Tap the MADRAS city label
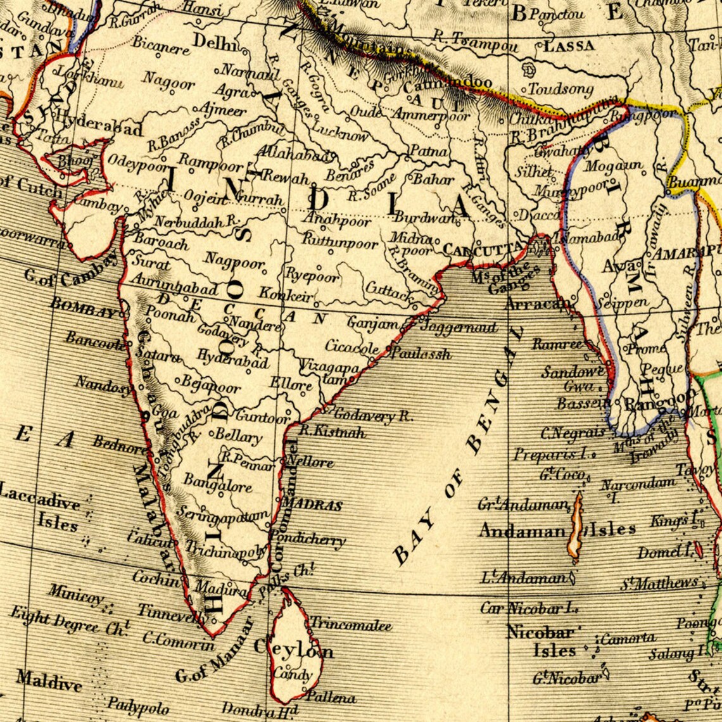312,505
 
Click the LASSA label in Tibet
569,46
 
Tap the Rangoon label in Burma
651,402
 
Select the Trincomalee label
351,624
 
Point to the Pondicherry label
309,539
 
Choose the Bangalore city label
218,484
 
